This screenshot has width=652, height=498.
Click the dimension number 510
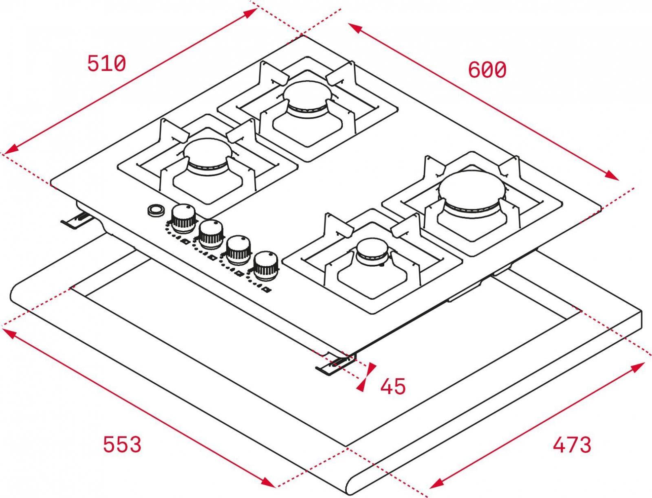click(x=107, y=64)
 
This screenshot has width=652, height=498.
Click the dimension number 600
click(x=487, y=70)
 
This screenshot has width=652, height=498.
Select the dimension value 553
click(x=122, y=444)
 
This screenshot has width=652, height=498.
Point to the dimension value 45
click(x=393, y=386)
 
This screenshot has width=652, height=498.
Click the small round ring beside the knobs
click(x=156, y=210)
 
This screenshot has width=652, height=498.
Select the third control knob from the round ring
click(x=239, y=250)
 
